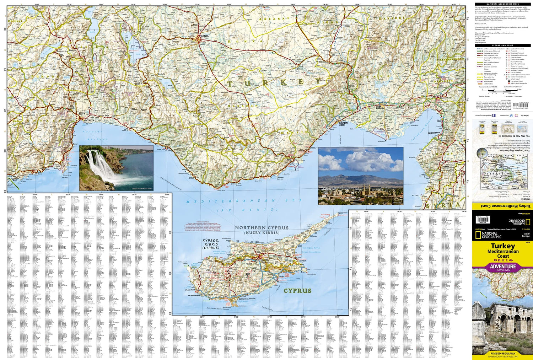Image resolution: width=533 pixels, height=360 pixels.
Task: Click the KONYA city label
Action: pos(205,36)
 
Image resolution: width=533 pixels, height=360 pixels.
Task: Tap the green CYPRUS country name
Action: pos(297,290)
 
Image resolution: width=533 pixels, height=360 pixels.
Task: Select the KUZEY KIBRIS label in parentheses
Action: pos(261,233)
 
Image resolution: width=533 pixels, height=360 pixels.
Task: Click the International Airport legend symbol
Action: pos(508,81)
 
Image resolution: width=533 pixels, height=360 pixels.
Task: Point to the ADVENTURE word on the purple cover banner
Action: pos(503,266)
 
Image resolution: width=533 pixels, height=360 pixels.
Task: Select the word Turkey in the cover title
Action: pos(503,246)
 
